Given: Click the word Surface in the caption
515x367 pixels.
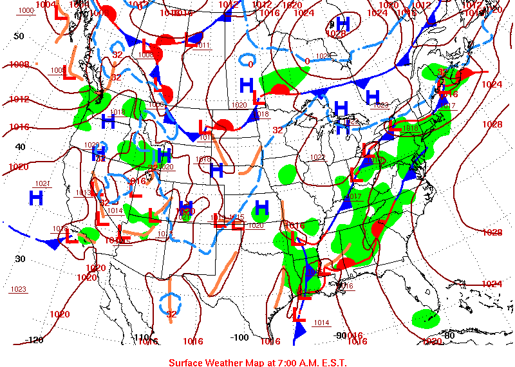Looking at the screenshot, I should click(187, 362).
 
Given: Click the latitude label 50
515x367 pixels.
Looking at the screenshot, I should click(19, 36).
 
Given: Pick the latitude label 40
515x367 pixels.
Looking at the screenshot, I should click(20, 147).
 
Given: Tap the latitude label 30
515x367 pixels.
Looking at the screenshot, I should click(20, 259).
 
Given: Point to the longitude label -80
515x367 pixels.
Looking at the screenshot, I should click(448, 335).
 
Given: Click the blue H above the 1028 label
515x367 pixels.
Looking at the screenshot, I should click(342, 23).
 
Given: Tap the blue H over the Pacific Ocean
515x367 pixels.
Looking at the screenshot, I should click(36, 197).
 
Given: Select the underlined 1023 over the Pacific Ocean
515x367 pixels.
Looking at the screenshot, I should click(18, 289).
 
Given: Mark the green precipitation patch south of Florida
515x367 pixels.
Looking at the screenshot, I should click(426, 318).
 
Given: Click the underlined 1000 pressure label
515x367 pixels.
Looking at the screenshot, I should click(26, 11).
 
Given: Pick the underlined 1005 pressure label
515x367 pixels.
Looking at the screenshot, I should click(57, 71).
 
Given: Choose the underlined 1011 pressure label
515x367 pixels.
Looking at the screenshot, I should click(203, 46).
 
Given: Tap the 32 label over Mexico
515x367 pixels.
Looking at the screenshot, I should click(171, 314).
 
